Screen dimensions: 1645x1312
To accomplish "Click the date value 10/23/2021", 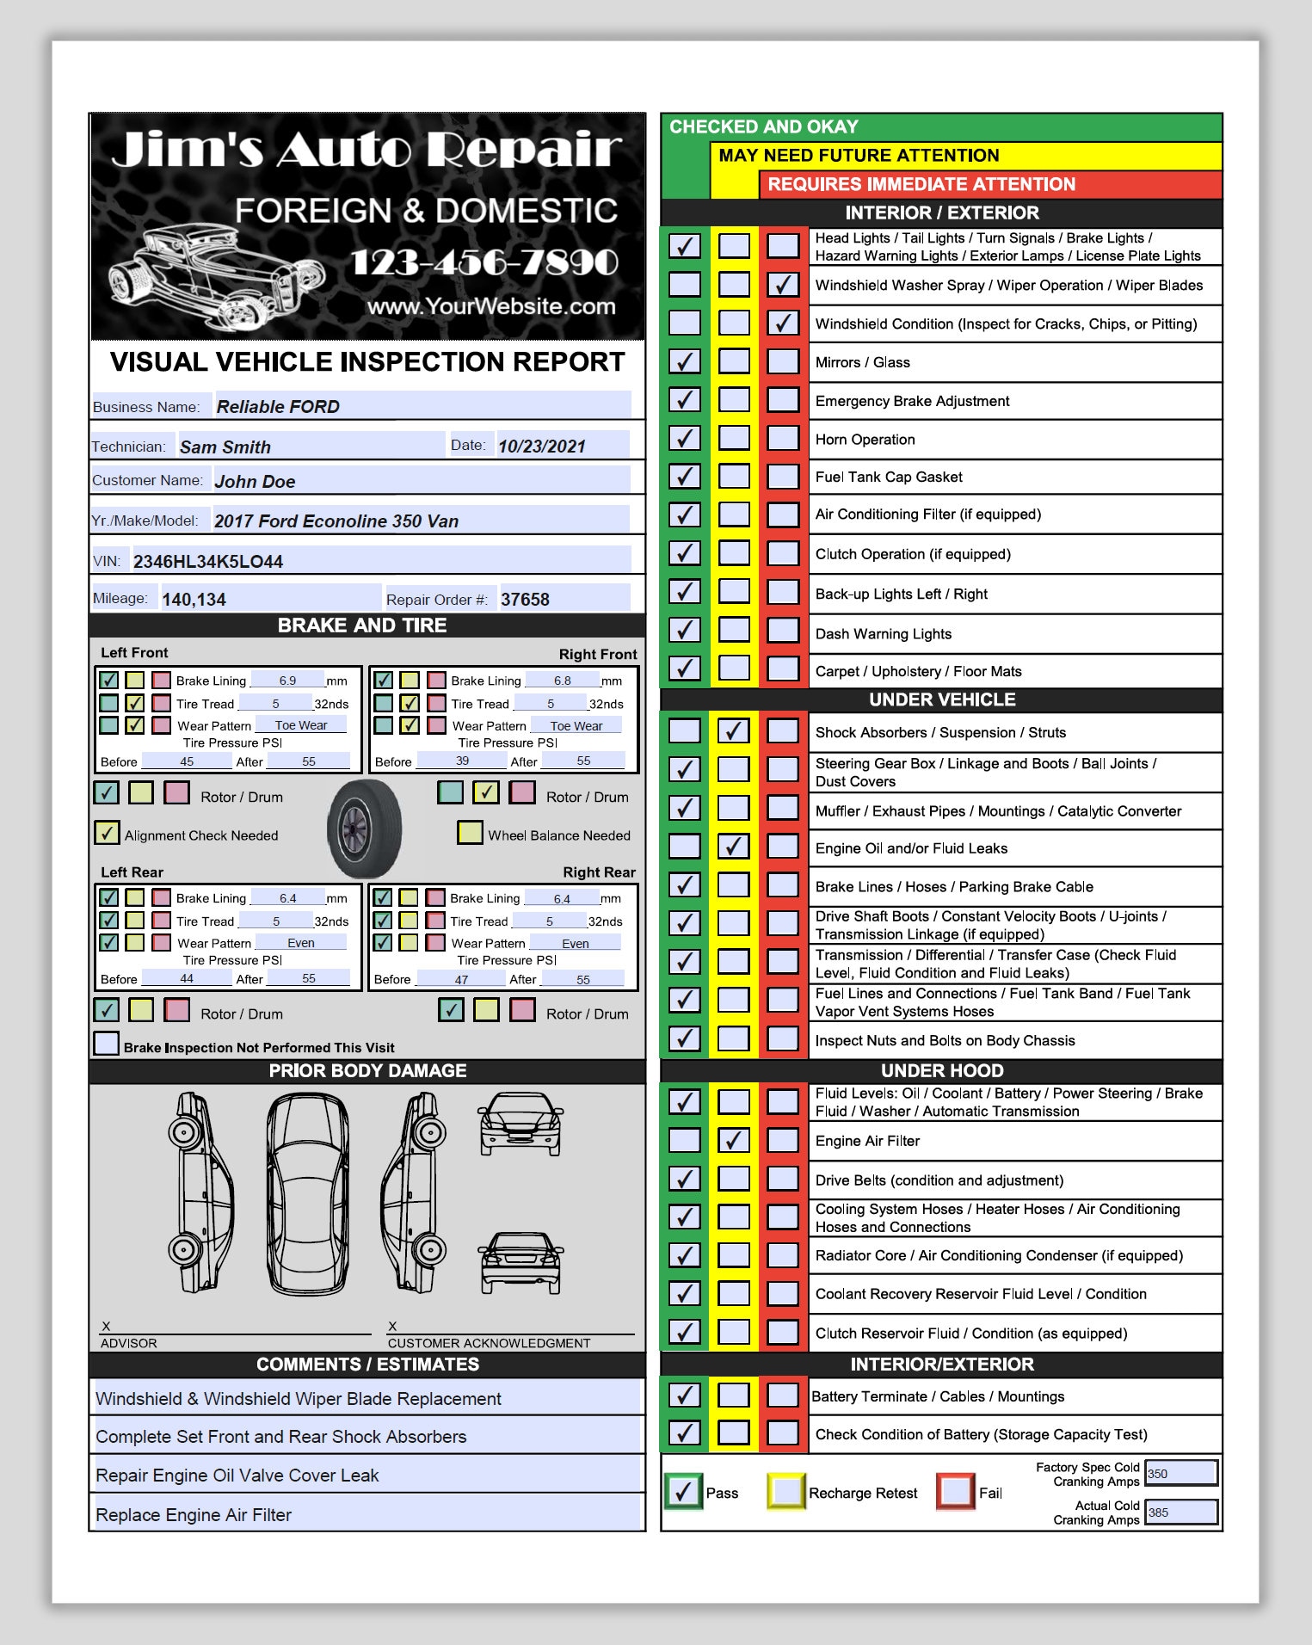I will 542,447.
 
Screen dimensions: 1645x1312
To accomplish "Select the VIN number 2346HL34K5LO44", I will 208,562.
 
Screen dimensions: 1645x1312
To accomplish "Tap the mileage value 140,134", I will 194,600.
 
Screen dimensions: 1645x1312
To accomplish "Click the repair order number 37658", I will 525,600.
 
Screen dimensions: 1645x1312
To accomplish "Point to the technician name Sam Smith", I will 225,447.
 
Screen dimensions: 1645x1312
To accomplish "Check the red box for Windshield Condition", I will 783,323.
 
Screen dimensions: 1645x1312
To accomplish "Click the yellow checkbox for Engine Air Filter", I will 733,1141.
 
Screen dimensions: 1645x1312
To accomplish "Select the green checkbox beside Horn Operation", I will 684,439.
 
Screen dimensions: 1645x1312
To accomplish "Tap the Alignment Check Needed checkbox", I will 107,833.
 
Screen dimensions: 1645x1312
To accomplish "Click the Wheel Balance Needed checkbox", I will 470,833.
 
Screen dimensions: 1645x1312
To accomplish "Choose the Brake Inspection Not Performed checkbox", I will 106,1044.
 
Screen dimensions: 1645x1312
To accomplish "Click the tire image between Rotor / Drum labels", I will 365,829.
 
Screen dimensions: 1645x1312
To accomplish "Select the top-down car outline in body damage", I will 307,1194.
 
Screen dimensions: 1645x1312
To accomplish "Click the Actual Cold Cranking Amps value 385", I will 1181,1513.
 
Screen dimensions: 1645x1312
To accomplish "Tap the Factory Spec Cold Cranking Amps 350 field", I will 1181,1473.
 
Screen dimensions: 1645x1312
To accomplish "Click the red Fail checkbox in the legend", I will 955,1491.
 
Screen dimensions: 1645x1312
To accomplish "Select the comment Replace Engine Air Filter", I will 194,1515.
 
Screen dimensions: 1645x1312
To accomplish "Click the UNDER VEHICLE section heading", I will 942,699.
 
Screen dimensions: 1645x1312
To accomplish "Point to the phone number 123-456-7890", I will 484,262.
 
